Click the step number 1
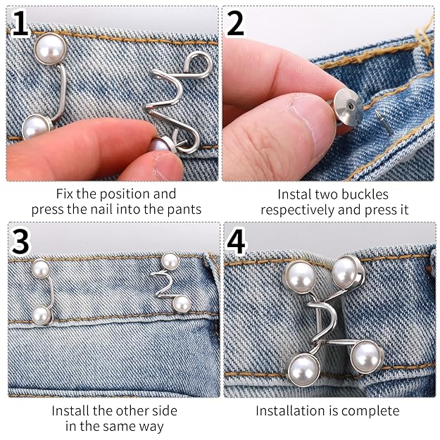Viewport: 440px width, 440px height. coord(21,25)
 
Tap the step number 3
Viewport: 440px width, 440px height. coord(21,241)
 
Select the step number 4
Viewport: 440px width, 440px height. coord(237,241)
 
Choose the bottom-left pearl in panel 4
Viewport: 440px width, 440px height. coord(304,367)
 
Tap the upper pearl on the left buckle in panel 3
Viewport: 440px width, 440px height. coord(41,269)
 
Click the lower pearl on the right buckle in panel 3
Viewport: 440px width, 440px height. coord(182,304)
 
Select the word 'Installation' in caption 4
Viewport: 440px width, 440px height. coord(289,410)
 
